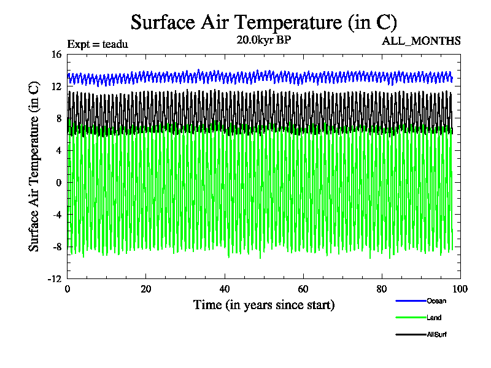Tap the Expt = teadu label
(x=97, y=44)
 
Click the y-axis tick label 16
(x=56, y=55)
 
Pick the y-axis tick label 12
(x=56, y=86)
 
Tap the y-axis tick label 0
(x=59, y=183)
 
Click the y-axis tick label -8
(x=56, y=247)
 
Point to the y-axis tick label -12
(x=55, y=278)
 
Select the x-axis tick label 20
(x=145, y=289)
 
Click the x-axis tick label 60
(x=303, y=289)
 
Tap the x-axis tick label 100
(x=460, y=289)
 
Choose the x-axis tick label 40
(x=224, y=289)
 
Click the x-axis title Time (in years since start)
(x=264, y=305)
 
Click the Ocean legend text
(x=436, y=301)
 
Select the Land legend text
(x=434, y=318)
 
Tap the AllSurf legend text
(x=436, y=335)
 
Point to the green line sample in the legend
(x=411, y=318)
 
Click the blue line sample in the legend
(x=411, y=301)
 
